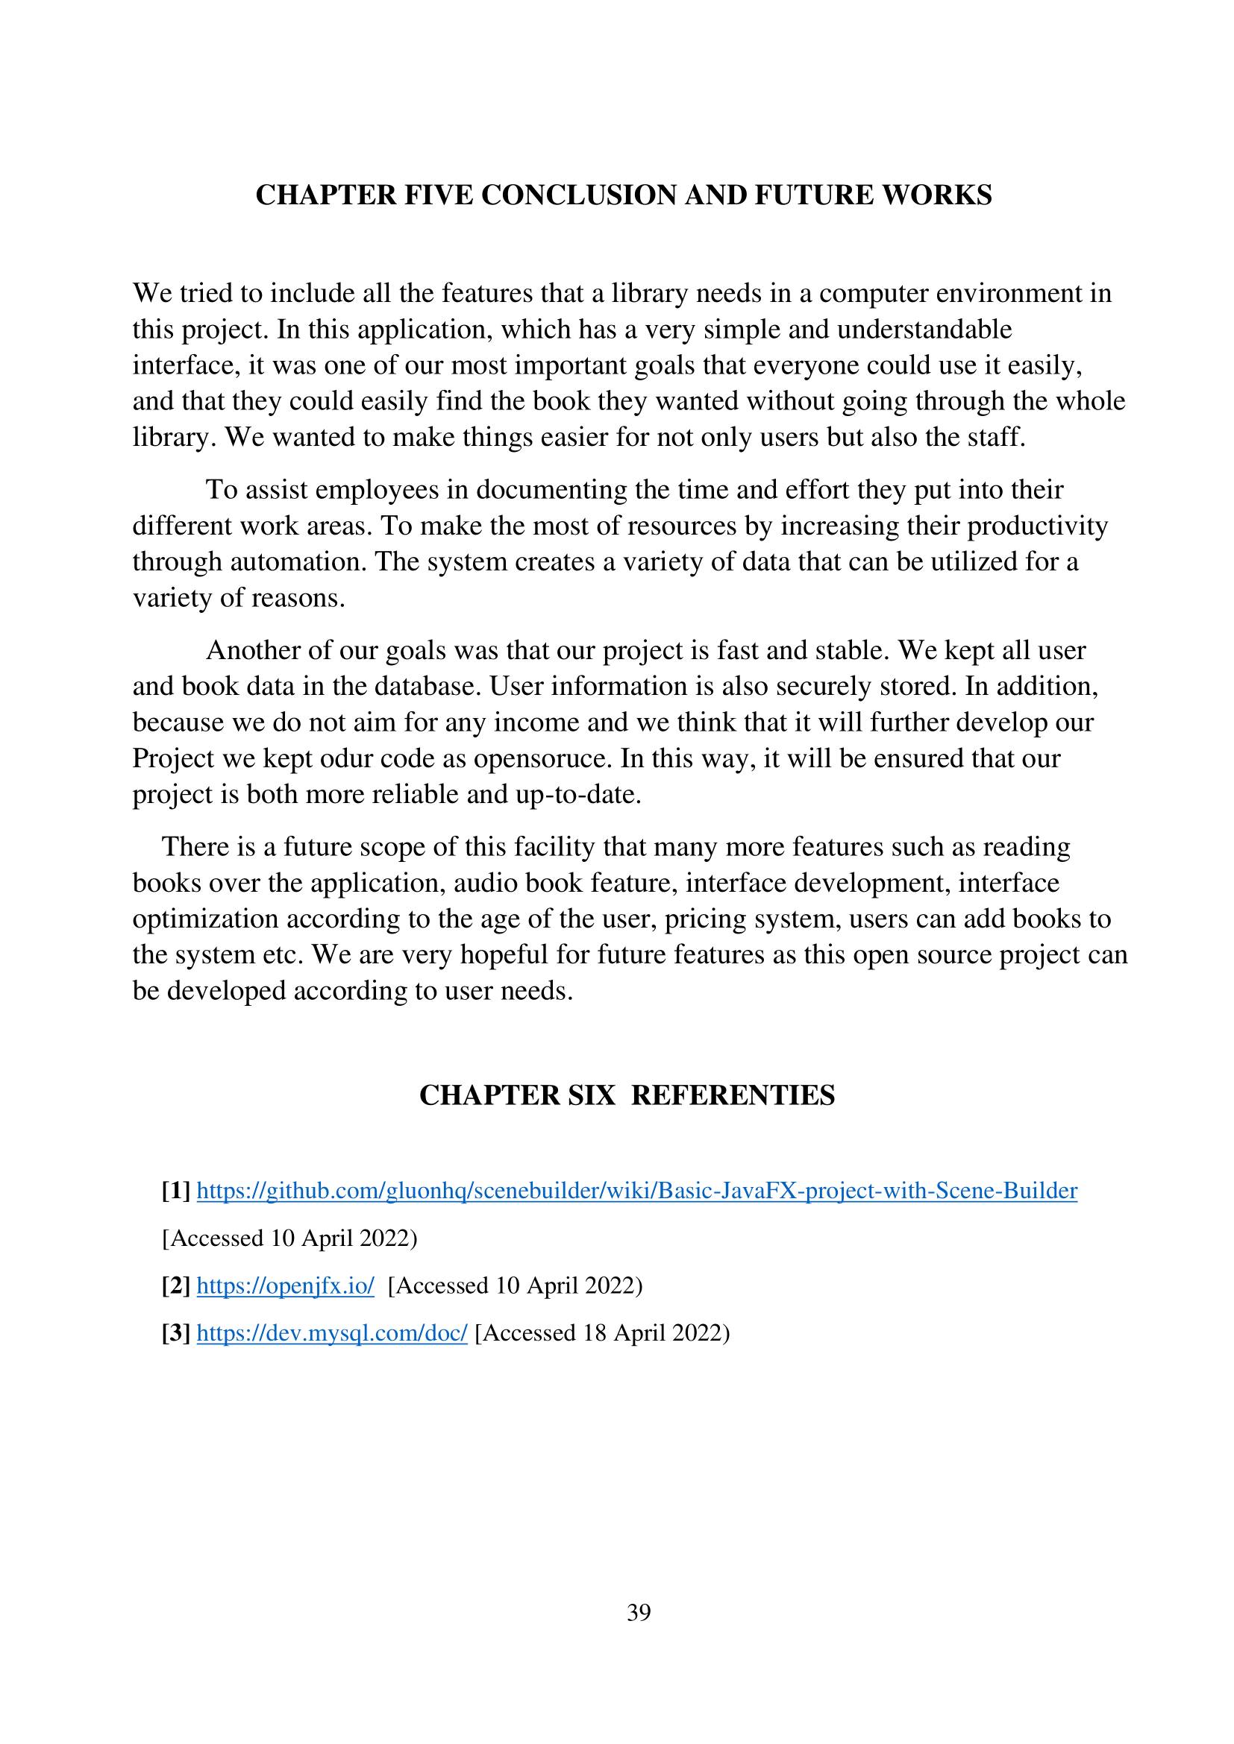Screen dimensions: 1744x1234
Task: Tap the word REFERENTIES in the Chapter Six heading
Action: coord(733,1095)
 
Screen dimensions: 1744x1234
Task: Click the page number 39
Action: coord(639,1612)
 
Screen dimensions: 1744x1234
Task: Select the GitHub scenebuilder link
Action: coord(636,1190)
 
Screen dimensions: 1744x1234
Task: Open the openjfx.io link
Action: coord(285,1285)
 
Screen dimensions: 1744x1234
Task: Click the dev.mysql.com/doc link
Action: coord(331,1333)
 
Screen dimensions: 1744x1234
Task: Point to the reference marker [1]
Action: coord(175,1190)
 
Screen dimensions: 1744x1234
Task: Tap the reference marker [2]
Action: coord(175,1285)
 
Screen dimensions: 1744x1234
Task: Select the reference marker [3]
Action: coord(175,1333)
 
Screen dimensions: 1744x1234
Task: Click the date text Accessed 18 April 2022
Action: coord(602,1333)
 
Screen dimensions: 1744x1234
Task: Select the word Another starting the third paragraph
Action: coord(254,651)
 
